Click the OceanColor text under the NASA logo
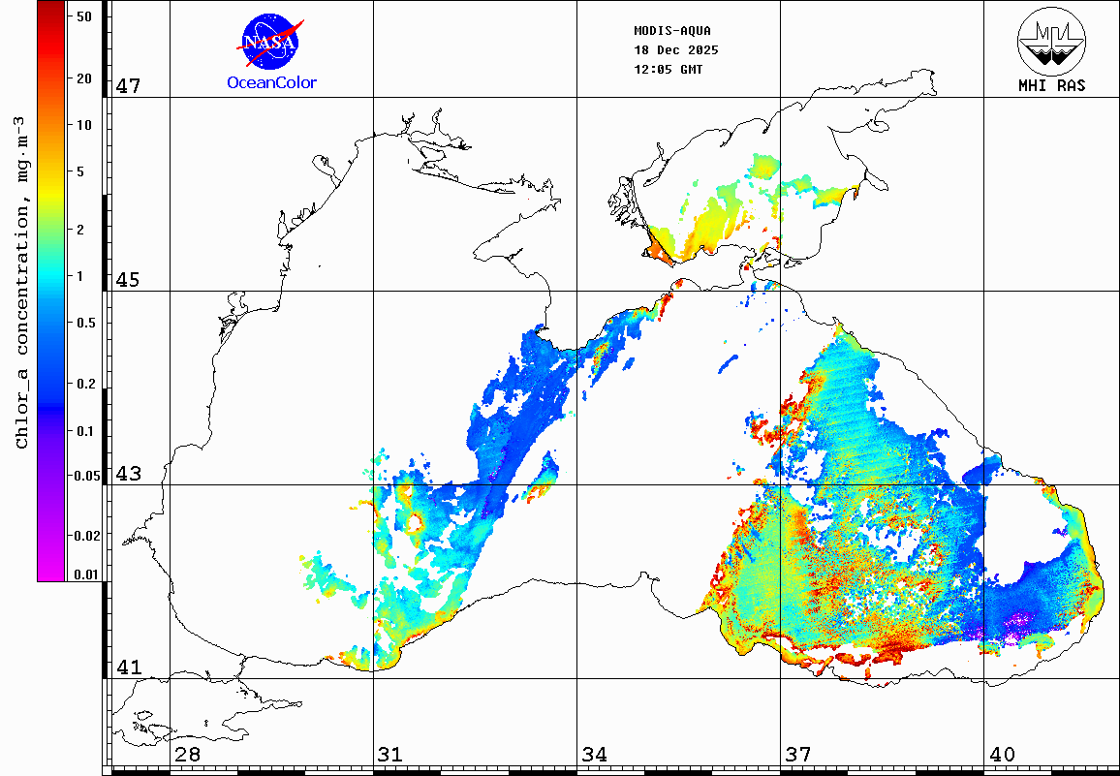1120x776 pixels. coord(271,83)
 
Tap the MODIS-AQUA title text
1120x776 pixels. coord(672,30)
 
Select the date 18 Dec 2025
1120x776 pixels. coord(675,50)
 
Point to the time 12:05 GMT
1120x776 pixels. coord(669,70)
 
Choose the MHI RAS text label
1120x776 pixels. coord(1051,85)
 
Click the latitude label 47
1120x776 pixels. coord(129,86)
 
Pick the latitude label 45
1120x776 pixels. coord(129,280)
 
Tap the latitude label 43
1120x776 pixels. coord(129,474)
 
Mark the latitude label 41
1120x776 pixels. coord(129,667)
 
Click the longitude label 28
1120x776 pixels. coord(188,754)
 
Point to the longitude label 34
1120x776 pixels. coord(595,754)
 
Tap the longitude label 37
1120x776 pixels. coord(798,754)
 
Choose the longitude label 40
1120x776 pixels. coord(1002,754)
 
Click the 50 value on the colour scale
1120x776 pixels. coord(83,16)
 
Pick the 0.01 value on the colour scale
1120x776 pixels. coord(86,574)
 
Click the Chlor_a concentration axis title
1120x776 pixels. coord(21,281)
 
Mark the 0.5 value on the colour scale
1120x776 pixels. coord(85,323)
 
